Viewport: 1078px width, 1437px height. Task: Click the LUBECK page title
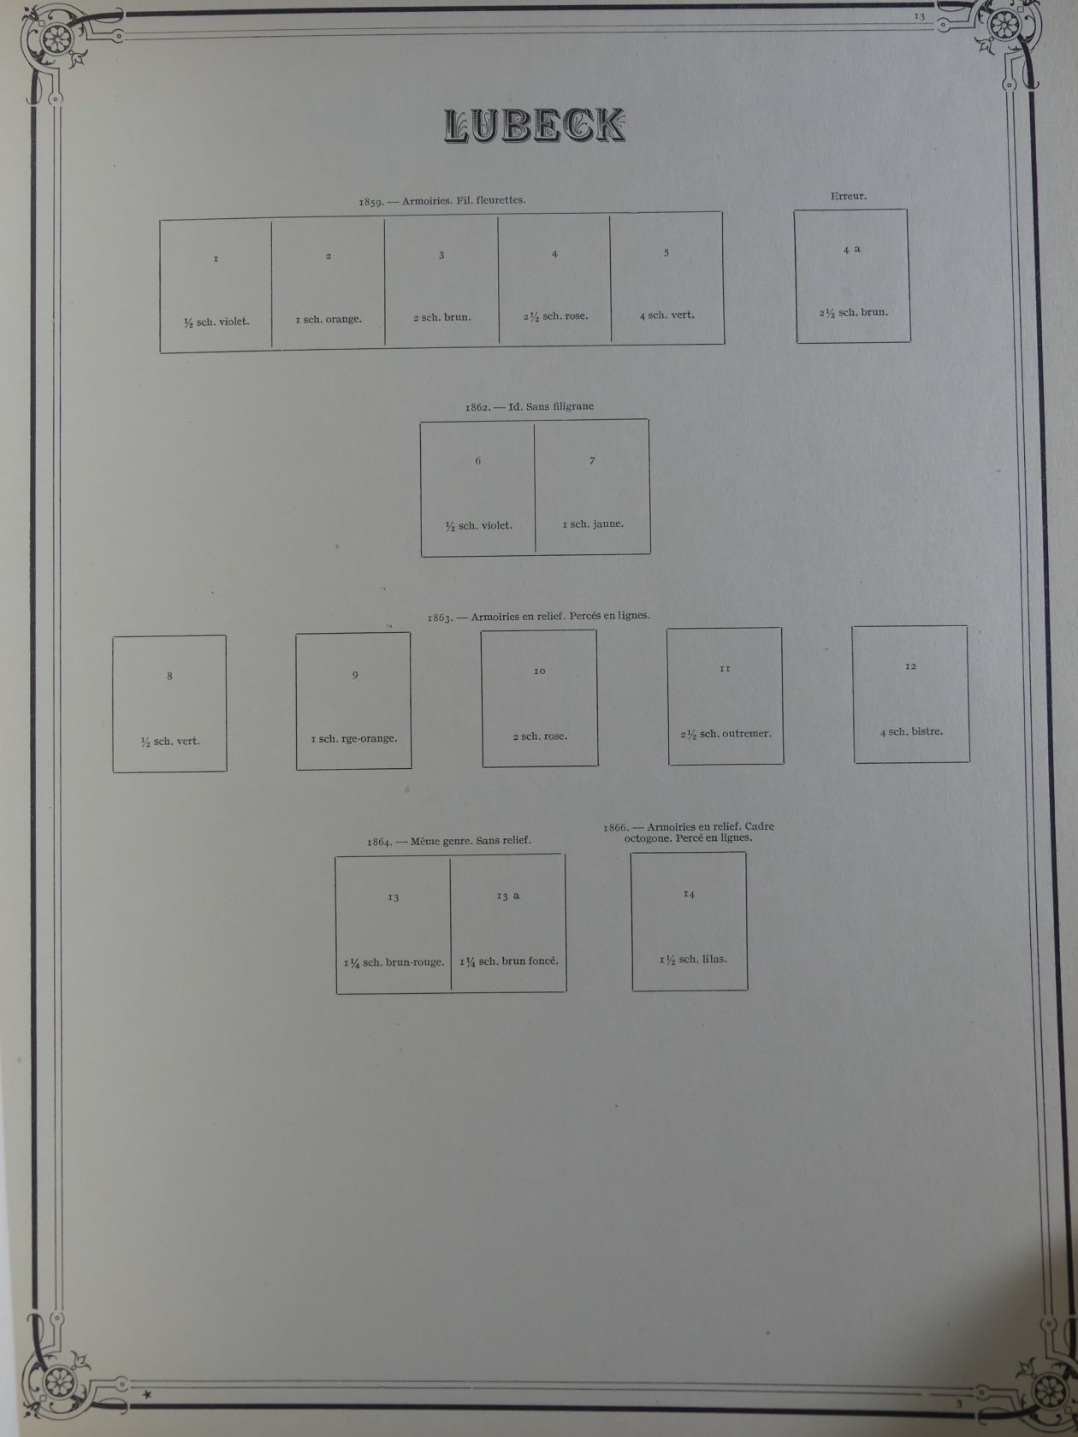[535, 126]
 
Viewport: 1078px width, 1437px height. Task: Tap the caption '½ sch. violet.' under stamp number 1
[216, 322]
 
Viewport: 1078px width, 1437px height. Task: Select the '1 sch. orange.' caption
[329, 320]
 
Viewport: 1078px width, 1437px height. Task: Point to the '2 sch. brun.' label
[441, 317]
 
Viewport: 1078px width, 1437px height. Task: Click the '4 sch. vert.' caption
[666, 315]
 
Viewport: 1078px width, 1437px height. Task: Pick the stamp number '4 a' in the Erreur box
[851, 250]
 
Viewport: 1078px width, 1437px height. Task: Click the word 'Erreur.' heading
[848, 196]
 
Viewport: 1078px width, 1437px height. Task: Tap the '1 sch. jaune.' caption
[593, 524]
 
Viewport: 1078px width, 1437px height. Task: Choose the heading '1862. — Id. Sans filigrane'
[529, 407]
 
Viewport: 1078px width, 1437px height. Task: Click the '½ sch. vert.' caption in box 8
[170, 742]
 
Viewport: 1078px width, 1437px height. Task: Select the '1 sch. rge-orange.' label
[353, 739]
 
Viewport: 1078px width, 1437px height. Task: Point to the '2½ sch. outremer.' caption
[725, 734]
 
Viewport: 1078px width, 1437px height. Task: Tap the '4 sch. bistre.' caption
[911, 732]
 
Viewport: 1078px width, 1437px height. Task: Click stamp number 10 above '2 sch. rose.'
[539, 671]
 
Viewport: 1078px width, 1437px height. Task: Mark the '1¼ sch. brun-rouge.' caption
[394, 962]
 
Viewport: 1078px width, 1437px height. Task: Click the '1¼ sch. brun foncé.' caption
[508, 961]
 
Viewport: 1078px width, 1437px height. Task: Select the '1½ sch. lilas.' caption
[692, 960]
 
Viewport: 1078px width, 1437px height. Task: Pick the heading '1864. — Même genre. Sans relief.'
[449, 841]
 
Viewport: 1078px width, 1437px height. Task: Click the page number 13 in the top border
[920, 16]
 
